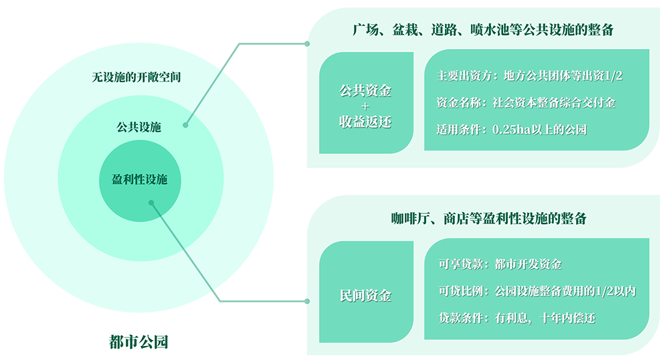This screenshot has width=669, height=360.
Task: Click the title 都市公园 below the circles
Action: click(138, 343)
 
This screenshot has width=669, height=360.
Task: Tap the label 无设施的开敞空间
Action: click(136, 78)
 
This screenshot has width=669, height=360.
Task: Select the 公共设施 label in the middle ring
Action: click(138, 126)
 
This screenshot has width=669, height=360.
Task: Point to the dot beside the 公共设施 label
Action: click(185, 124)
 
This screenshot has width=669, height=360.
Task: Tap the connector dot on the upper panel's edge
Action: click(307, 43)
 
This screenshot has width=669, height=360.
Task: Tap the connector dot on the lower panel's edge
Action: click(307, 300)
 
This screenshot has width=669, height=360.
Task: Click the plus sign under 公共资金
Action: click(365, 106)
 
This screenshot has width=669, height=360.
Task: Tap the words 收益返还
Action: click(365, 122)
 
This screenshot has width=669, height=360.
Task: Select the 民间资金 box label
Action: click(365, 296)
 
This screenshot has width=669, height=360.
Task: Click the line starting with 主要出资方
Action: click(529, 76)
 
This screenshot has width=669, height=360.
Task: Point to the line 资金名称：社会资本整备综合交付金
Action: click(525, 102)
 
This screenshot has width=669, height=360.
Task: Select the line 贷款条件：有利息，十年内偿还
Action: click(515, 318)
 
